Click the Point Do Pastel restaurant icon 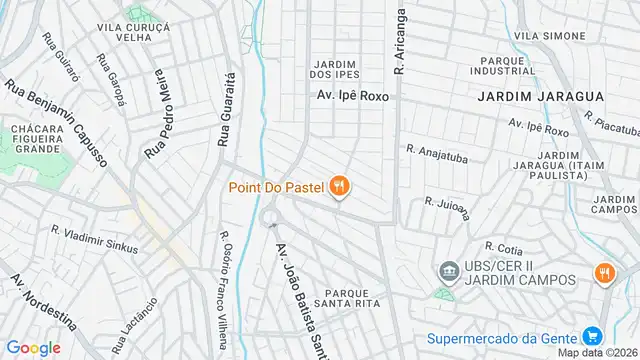coord(341,185)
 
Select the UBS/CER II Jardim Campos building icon coord(449,271)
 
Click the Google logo coord(34,347)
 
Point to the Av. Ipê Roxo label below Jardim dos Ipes coord(346,99)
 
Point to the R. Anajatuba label coord(438,153)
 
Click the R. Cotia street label coord(502,246)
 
